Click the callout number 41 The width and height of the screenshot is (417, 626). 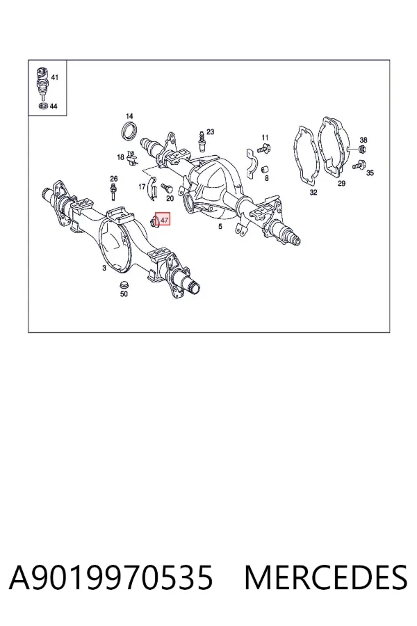[x=55, y=77]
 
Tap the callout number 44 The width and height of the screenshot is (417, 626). [x=54, y=106]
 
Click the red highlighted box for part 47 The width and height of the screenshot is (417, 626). [x=163, y=219]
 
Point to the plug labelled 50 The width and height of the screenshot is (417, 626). [x=124, y=285]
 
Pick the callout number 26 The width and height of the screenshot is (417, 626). [x=114, y=179]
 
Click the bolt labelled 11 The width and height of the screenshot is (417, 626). [x=264, y=149]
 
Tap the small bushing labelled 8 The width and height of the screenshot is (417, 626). [x=264, y=170]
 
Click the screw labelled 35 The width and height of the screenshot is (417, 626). [x=359, y=163]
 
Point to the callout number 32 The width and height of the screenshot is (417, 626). [x=313, y=193]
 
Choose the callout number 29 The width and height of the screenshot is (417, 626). [x=341, y=184]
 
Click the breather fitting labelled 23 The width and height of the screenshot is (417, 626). [x=202, y=143]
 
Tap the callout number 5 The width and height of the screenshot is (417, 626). [x=220, y=227]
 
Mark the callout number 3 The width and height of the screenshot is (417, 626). [x=104, y=268]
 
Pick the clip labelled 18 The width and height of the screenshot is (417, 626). [x=132, y=158]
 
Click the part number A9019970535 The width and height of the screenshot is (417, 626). [x=111, y=578]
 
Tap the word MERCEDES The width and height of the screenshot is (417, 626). [x=326, y=578]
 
